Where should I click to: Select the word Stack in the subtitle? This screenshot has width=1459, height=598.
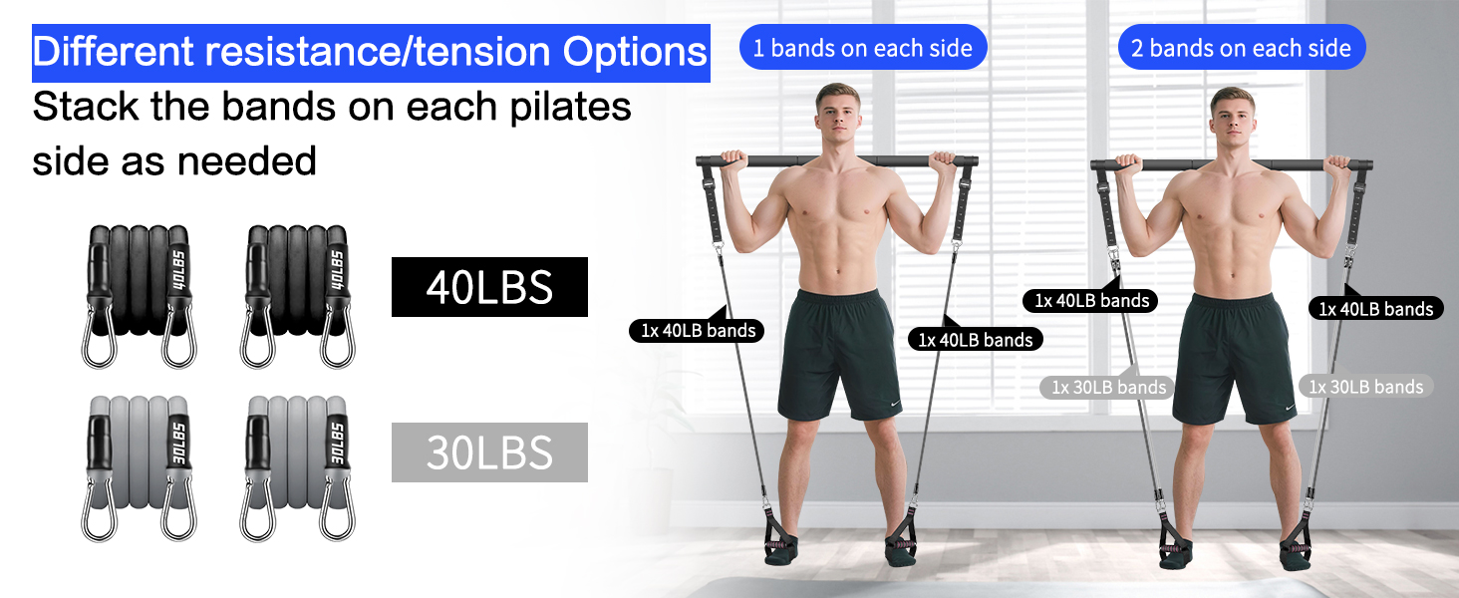(86, 107)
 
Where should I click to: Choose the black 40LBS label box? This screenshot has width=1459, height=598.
(489, 287)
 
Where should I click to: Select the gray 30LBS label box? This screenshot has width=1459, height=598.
(489, 452)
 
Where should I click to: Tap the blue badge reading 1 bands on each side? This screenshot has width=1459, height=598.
(862, 48)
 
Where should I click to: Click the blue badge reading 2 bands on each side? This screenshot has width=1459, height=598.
(1241, 48)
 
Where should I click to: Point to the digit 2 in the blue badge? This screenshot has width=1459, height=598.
(1138, 49)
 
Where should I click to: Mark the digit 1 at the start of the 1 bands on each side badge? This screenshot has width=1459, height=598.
(759, 49)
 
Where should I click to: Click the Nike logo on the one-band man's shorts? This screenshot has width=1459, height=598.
(894, 404)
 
